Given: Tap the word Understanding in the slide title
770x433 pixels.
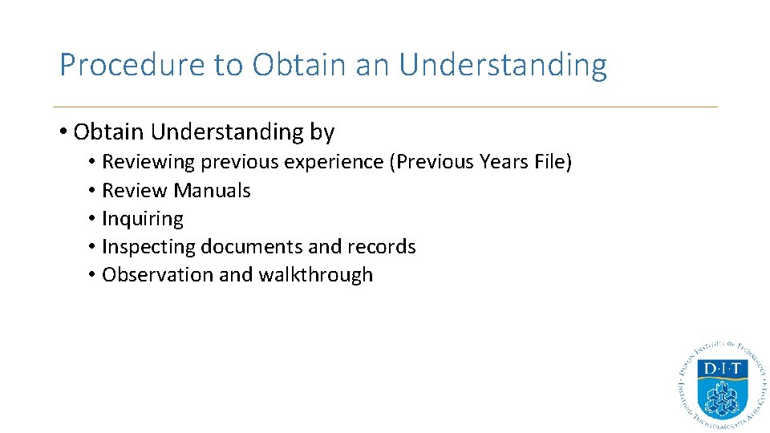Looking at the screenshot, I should (503, 65).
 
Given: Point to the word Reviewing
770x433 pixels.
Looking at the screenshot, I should (148, 162).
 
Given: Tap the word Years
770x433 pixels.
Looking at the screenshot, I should (503, 162).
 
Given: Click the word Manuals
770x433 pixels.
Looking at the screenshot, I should (212, 191).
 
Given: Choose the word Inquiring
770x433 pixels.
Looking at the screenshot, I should (143, 219).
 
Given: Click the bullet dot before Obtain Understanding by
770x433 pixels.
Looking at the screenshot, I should (63, 132).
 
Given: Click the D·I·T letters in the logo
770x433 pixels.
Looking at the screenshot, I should (722, 370).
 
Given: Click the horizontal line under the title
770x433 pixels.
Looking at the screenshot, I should (385, 107).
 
